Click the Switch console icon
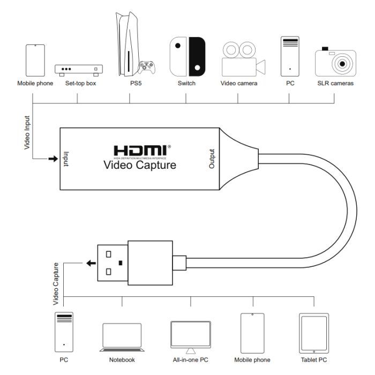[187, 56]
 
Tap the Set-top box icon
[78, 70]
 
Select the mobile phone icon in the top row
[35, 61]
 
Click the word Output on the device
[212, 159]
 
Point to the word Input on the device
[66, 159]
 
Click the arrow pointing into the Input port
[52, 159]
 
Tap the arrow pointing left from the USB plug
[90, 263]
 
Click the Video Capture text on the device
[139, 166]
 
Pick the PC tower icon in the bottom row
[64, 331]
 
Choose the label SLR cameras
[335, 84]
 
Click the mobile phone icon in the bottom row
[252, 331]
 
